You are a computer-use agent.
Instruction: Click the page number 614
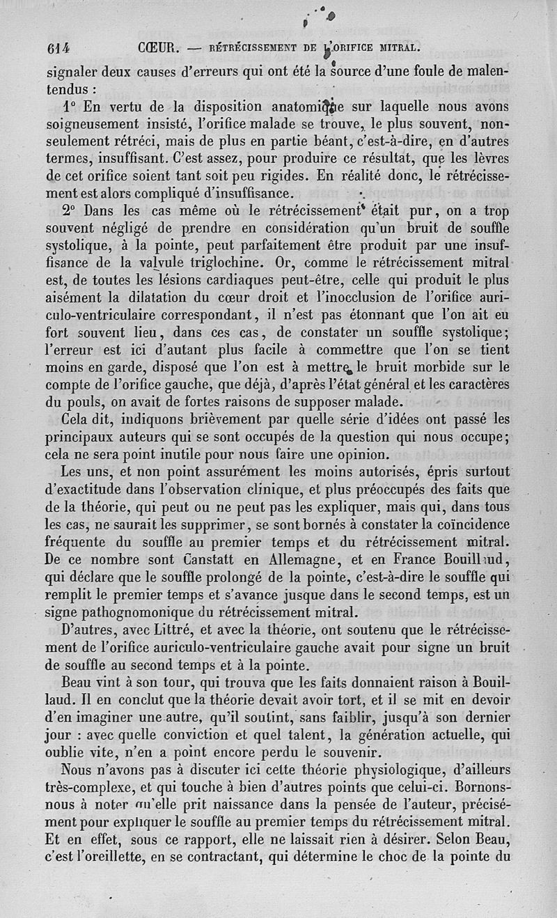tap(62, 49)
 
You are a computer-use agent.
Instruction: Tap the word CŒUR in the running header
tap(159, 49)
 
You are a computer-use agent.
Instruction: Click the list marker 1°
tap(68, 107)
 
